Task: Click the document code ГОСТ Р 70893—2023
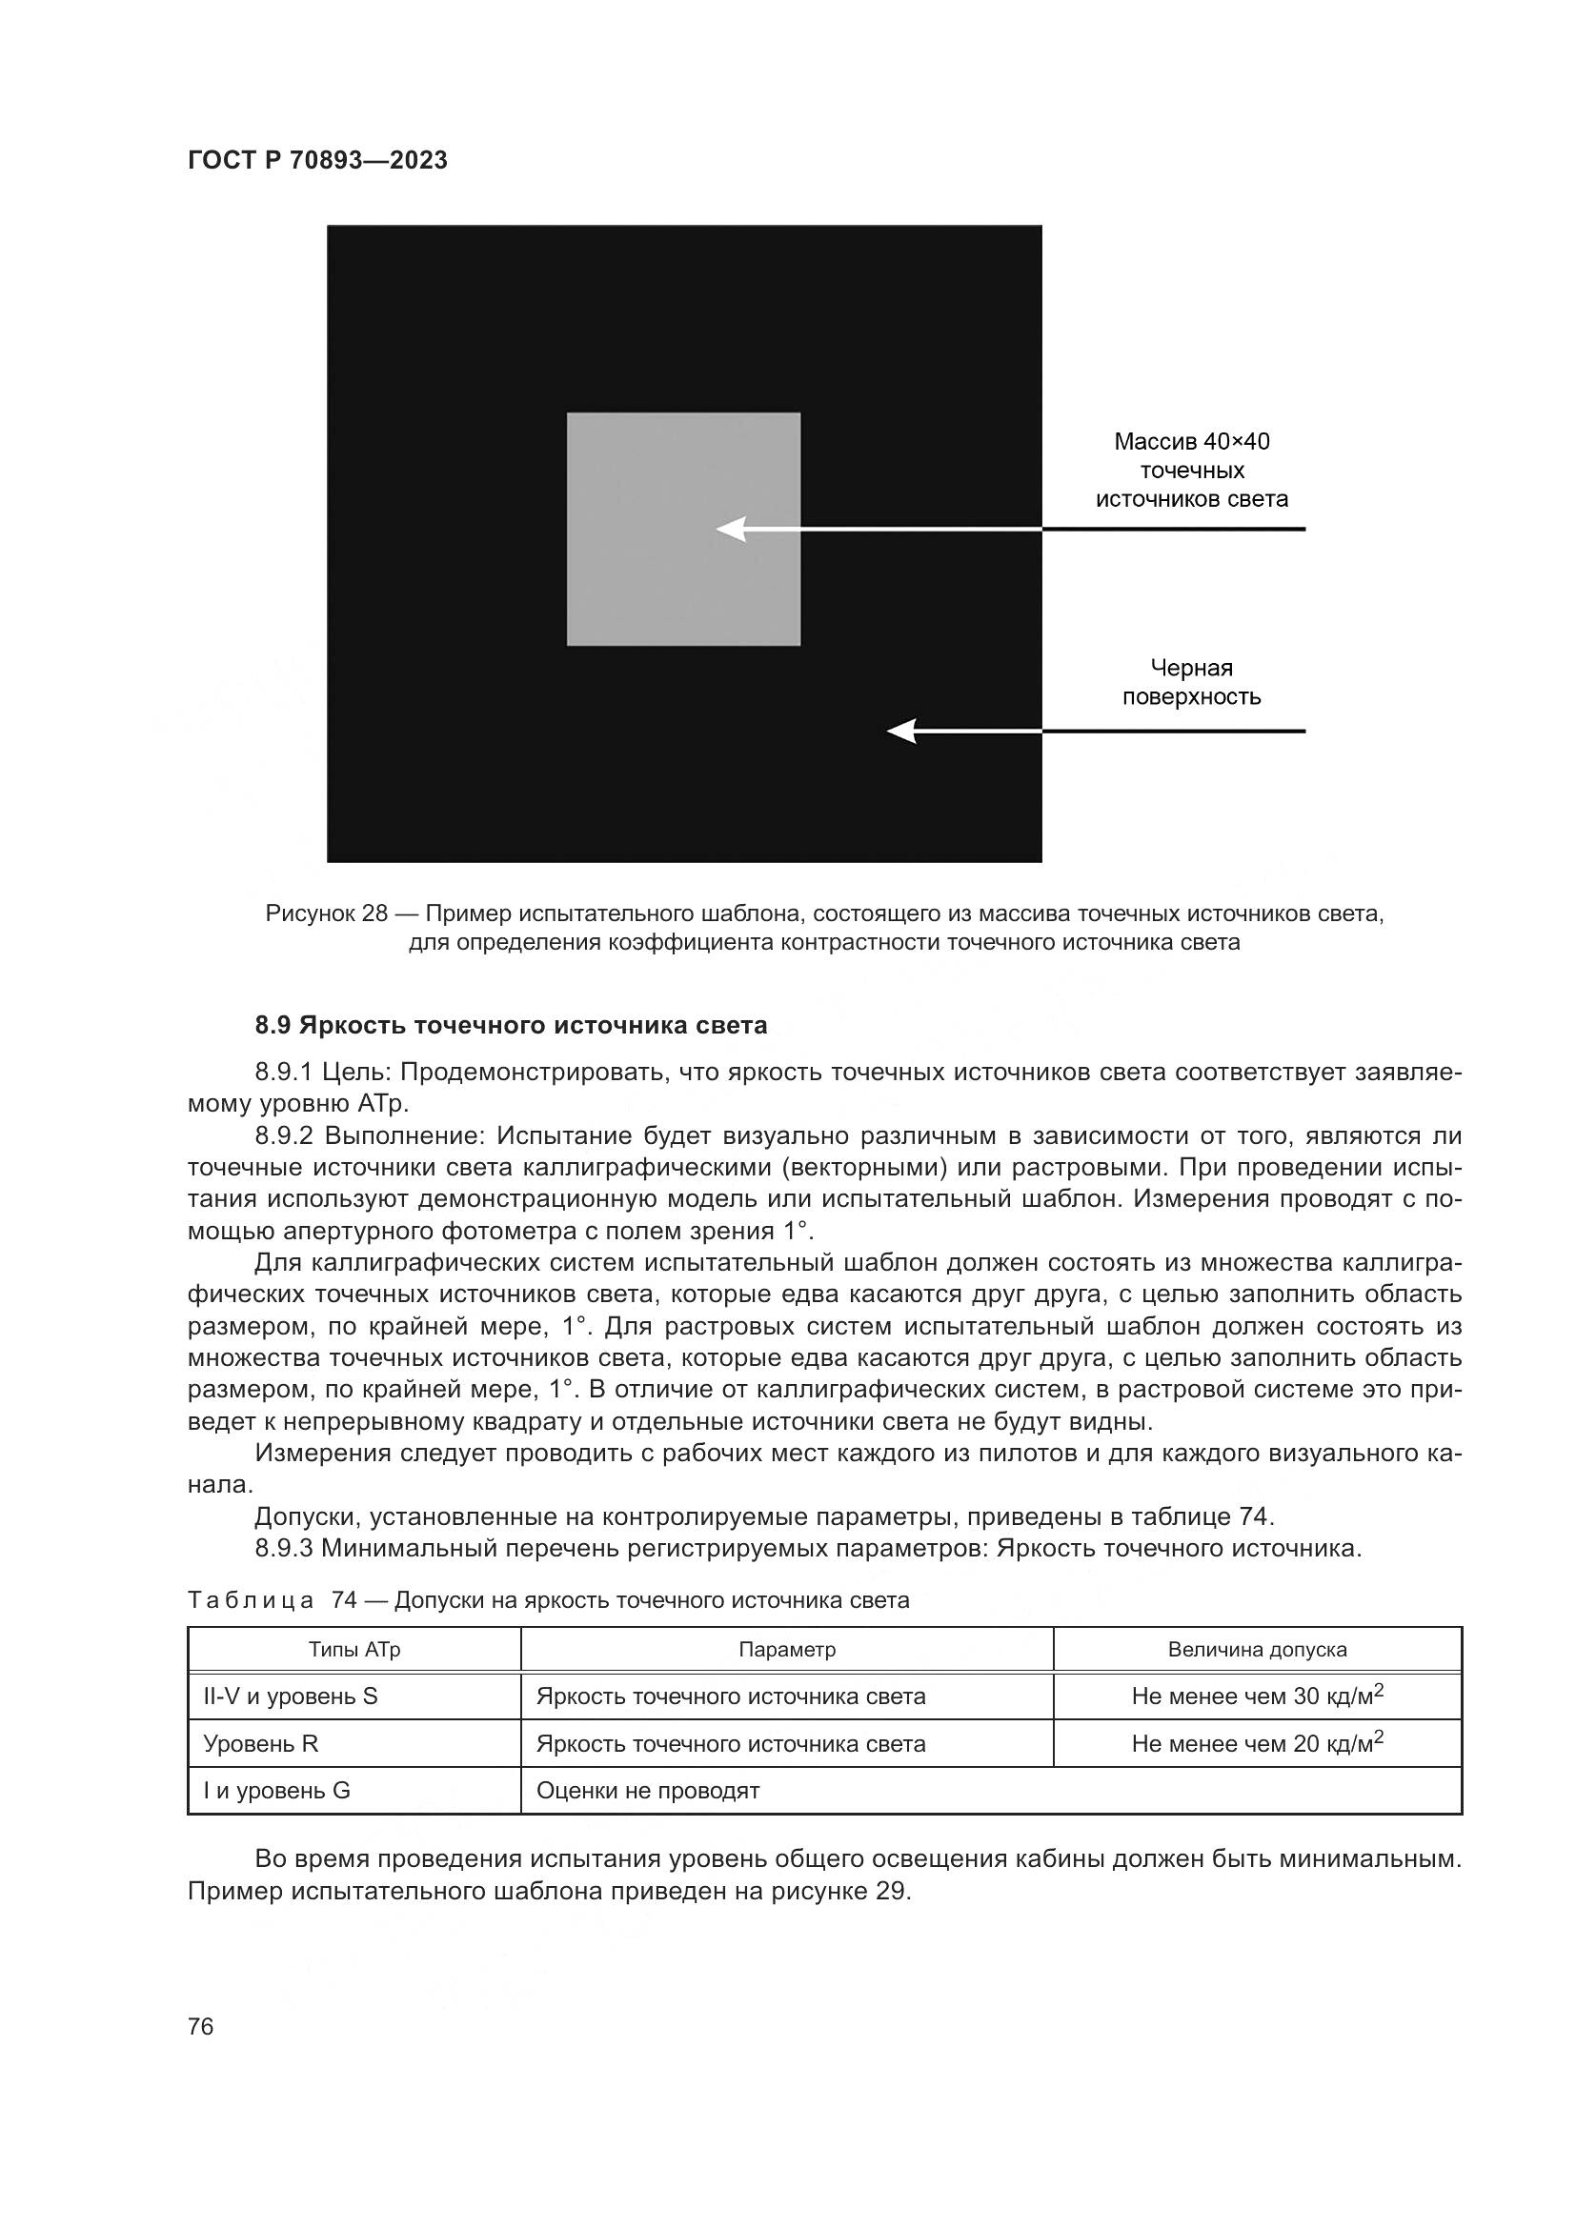coord(317,160)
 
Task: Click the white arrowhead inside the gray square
coord(731,530)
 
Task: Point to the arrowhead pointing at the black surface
coord(902,731)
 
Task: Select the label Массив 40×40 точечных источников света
coord(1192,471)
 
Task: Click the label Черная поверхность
coord(1192,682)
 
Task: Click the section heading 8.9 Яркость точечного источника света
coord(511,1025)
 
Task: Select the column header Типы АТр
coord(354,1650)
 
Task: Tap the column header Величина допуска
coord(1257,1650)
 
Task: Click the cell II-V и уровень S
coord(291,1696)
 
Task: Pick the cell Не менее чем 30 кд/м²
coord(1257,1696)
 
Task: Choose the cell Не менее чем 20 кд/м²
coord(1257,1744)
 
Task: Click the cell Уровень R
coord(261,1744)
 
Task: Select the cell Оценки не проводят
coord(647,1791)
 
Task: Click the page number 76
coord(201,2026)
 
